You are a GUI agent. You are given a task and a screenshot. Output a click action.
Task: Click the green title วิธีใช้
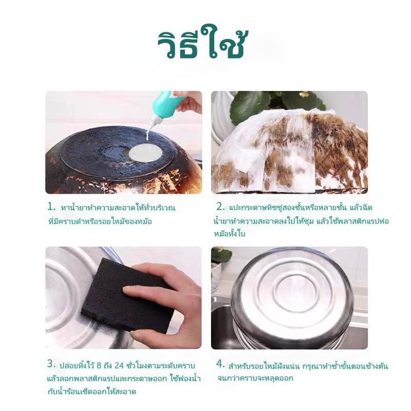[202, 42]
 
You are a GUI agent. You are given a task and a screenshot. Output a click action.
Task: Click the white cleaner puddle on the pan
[146, 153]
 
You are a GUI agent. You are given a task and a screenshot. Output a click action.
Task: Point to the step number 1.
[51, 207]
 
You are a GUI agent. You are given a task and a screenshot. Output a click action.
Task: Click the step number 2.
[220, 207]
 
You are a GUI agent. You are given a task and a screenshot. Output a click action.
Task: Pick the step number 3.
[51, 364]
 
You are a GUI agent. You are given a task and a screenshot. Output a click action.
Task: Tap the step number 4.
[220, 364]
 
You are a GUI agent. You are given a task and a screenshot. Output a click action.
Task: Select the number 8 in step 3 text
[99, 365]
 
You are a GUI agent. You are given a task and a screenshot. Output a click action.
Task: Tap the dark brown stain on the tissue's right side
[338, 147]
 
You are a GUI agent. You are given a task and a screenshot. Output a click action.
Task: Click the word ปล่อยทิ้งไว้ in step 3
[76, 365]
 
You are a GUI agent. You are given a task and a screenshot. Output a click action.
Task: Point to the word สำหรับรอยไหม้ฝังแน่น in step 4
[264, 366]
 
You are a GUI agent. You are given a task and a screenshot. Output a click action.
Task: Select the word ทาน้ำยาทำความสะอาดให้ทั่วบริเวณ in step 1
[118, 208]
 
